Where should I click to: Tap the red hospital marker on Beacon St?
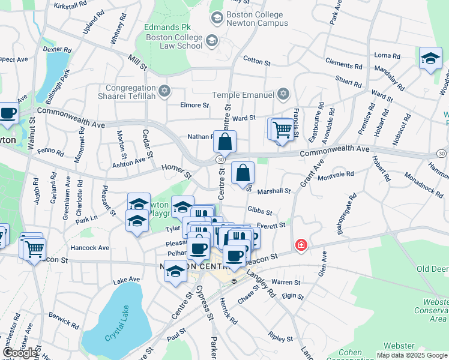coord(301,245)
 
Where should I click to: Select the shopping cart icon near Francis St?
coord(282,129)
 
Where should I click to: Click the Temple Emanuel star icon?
coord(283,95)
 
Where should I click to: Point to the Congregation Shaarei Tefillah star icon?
coord(164,91)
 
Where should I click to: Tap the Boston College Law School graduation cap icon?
coord(211,41)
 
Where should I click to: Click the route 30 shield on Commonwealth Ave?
coord(221,159)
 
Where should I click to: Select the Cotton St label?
coord(257,59)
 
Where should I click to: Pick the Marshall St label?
coord(274,191)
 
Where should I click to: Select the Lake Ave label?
coord(126,280)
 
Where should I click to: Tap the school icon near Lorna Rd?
coord(430,59)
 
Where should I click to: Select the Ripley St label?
coord(280,338)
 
